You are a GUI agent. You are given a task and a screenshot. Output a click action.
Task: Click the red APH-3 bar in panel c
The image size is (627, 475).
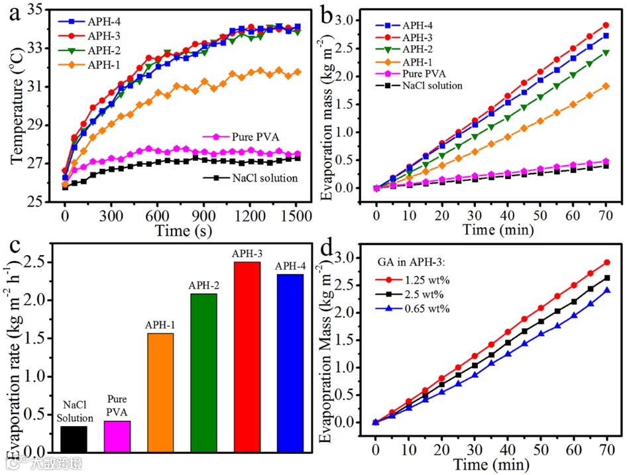[x=247, y=358]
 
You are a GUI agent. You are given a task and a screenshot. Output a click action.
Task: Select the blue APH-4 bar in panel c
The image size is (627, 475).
[x=290, y=364]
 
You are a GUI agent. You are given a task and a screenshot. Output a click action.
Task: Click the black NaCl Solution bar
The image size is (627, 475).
[x=74, y=439]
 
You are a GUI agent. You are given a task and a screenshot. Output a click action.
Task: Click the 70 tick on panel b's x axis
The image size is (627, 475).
[x=605, y=201]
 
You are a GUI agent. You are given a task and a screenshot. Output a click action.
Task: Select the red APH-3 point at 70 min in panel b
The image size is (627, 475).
[x=605, y=25]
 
